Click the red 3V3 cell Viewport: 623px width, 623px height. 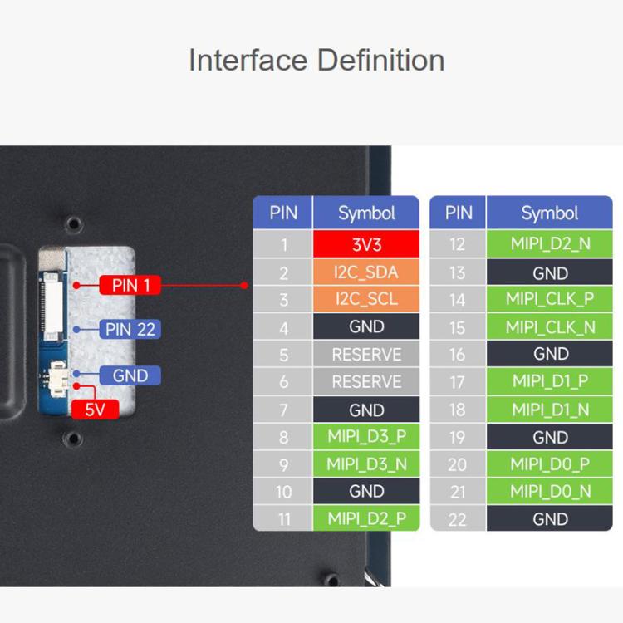(366, 245)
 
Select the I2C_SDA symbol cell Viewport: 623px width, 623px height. (366, 272)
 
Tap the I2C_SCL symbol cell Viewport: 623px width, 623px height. (366, 300)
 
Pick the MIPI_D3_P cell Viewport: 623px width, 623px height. (366, 437)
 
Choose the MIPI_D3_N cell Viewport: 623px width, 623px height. (366, 464)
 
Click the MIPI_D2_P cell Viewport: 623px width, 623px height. (366, 518)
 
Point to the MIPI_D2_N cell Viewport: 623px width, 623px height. (550, 245)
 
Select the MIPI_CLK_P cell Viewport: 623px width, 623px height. (550, 298)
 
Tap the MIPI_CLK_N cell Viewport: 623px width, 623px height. (550, 326)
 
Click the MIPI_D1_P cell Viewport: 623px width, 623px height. (550, 381)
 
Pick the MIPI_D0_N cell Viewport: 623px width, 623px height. (550, 491)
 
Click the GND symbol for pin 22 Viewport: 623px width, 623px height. (550, 518)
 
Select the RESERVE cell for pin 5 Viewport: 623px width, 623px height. (366, 355)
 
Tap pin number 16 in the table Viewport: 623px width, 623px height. (458, 354)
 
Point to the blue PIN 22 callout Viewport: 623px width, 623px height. (130, 330)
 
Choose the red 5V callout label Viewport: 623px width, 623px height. (95, 409)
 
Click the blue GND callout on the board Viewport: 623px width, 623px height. (130, 375)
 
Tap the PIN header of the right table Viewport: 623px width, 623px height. (458, 213)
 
